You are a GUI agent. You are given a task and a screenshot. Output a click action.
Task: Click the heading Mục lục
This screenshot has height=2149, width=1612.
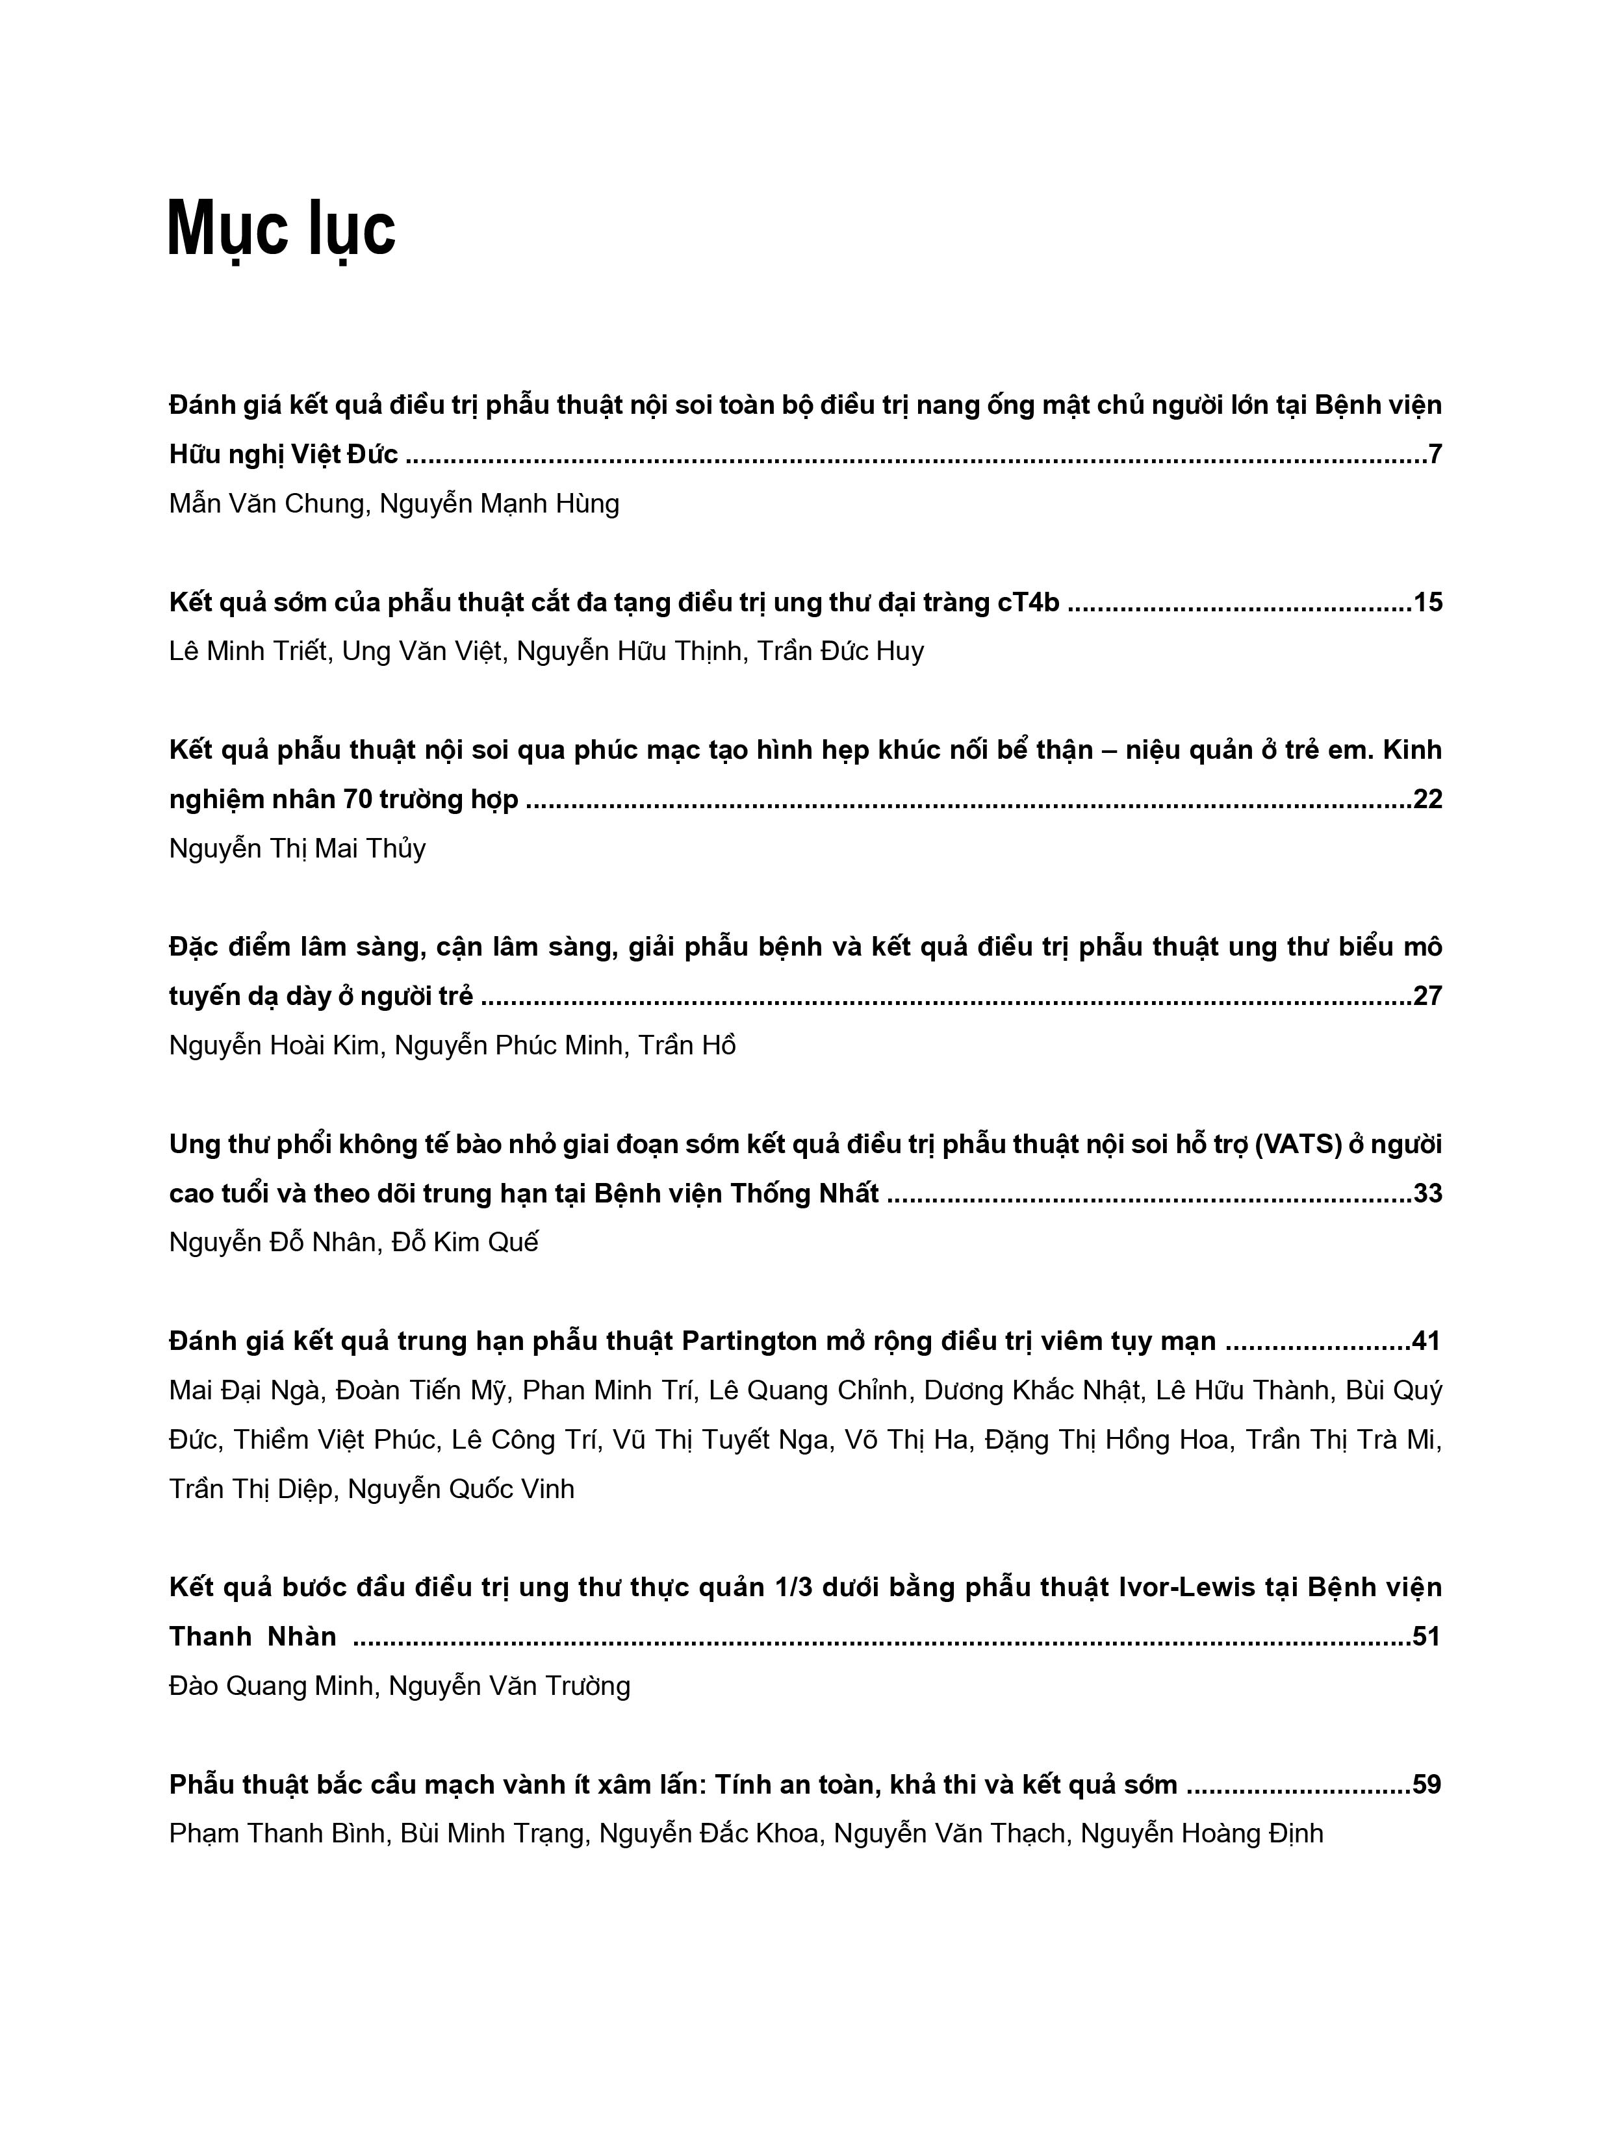coord(282,229)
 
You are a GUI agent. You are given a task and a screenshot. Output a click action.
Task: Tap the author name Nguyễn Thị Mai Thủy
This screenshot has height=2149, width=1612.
coord(298,849)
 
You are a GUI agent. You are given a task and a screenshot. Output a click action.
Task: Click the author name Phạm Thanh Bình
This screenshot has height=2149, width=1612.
coord(277,1834)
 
